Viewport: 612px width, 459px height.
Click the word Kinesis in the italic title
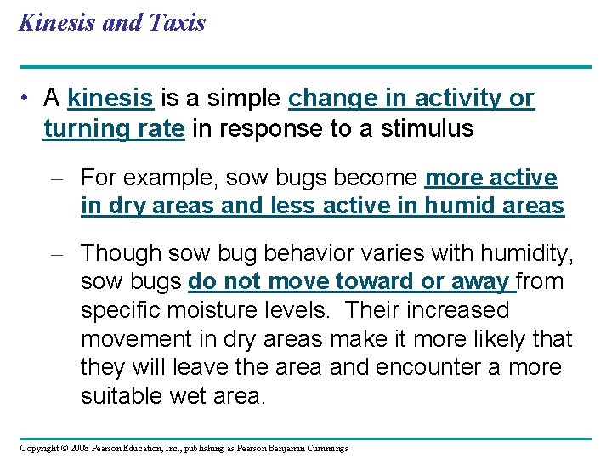55,23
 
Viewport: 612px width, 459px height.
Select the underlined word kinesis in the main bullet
110,99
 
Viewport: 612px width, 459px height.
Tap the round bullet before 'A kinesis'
29,99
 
